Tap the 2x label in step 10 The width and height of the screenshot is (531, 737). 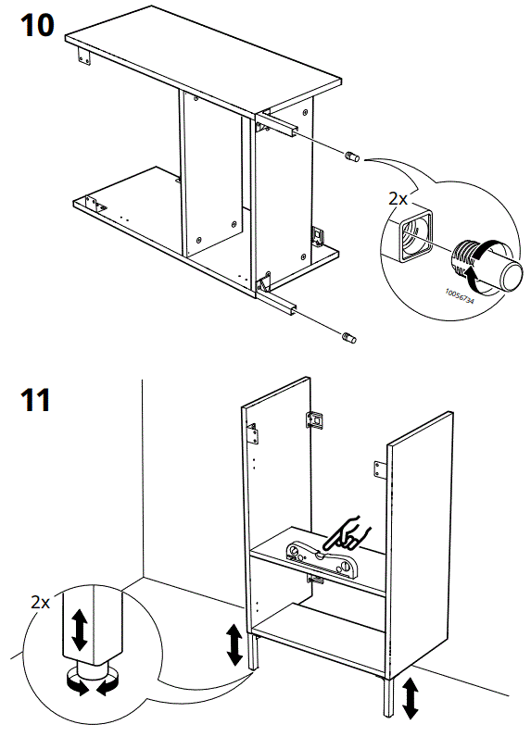coord(398,197)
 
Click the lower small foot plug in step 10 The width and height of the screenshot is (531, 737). coord(349,338)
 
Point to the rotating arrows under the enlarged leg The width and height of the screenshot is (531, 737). coord(83,686)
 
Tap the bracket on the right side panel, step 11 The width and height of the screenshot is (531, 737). coord(378,469)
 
